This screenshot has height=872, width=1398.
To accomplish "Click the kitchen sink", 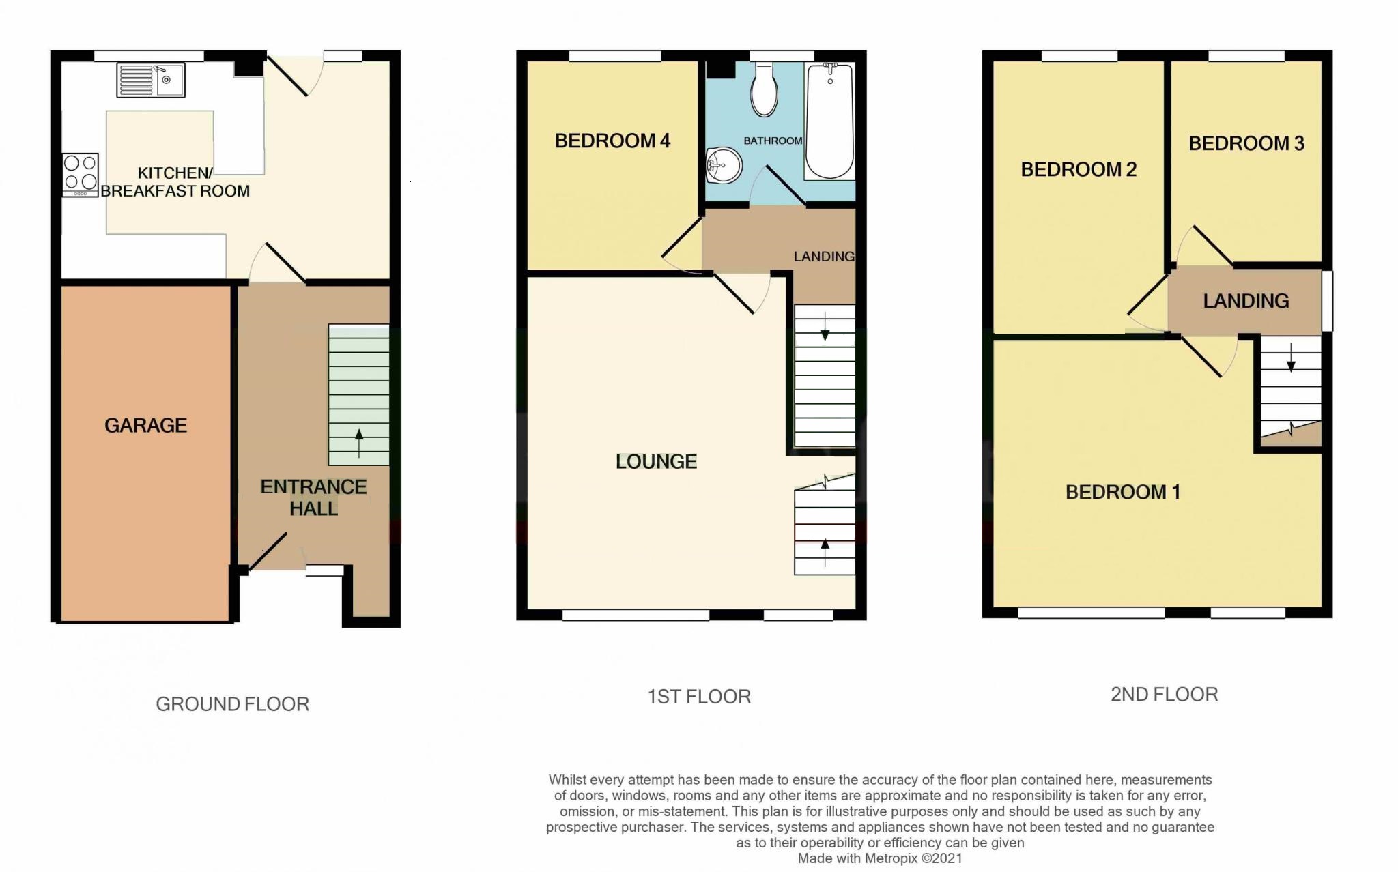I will point(151,80).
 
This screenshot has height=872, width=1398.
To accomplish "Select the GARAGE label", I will point(145,426).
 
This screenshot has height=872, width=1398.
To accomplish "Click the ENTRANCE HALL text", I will point(313,497).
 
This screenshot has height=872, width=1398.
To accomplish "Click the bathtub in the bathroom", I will point(829,121).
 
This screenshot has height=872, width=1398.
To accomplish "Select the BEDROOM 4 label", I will point(612,141).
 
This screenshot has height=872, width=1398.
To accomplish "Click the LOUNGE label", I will point(656,462).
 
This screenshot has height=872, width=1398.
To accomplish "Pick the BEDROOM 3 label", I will point(1246,143).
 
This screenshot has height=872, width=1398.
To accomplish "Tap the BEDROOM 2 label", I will point(1079,169).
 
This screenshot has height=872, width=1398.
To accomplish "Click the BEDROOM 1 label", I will point(1123,492).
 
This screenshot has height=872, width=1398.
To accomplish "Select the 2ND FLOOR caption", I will point(1164,695).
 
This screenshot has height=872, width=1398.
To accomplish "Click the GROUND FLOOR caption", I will point(232,704).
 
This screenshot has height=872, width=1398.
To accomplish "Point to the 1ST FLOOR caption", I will point(699,697).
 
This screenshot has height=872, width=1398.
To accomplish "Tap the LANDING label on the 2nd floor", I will point(1246,301).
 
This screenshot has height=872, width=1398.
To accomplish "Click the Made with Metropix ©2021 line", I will point(880,858).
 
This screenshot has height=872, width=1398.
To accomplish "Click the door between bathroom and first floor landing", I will point(778,186).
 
